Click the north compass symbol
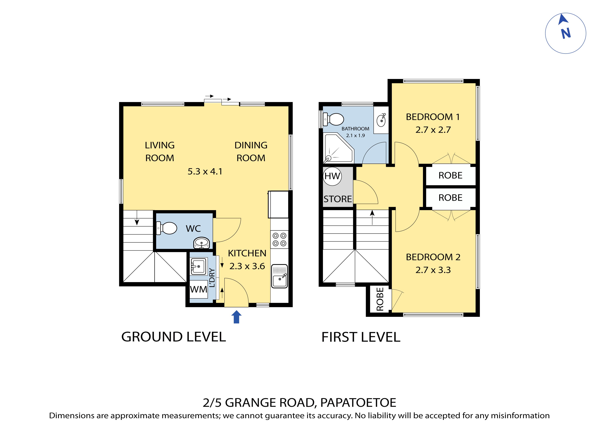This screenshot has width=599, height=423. [565, 33]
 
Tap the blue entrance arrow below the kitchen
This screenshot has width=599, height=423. [236, 317]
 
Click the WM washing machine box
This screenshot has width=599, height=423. [199, 289]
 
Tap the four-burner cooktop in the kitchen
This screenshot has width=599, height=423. [279, 239]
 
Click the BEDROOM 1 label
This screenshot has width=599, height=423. [433, 117]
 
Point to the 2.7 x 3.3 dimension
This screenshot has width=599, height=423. [433, 270]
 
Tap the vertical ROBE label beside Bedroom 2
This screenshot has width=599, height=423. [380, 299]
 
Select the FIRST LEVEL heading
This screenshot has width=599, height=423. [361, 337]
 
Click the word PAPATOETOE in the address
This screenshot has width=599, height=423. [358, 403]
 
